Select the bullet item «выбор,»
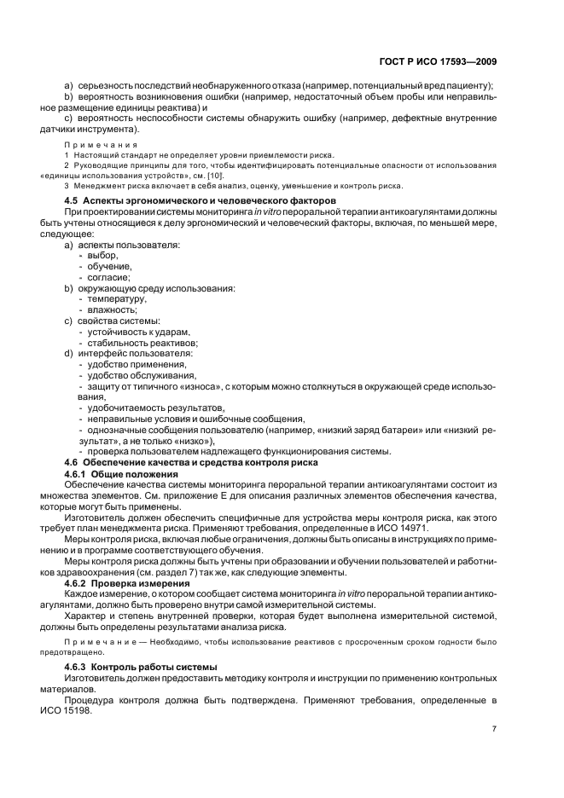(102, 255)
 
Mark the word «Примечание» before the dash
(96, 641)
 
